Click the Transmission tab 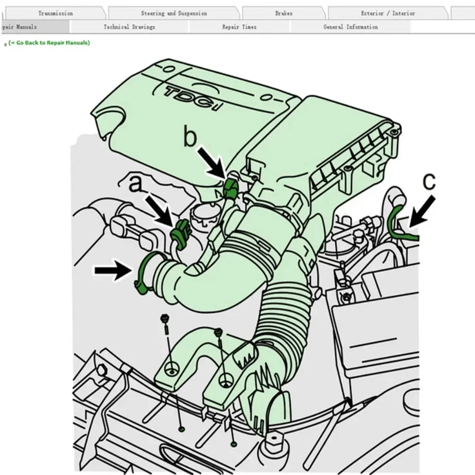pos(55,13)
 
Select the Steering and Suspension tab pos(174,13)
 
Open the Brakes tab pos(284,13)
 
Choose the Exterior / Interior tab pos(387,13)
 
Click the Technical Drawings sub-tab pos(129,27)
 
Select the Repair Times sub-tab pos(239,27)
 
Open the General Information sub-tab pos(351,27)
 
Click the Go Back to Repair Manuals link pos(49,43)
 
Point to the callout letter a pos(136,184)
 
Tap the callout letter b pos(190,138)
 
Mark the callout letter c pos(429,181)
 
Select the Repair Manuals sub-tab pos(20,27)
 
